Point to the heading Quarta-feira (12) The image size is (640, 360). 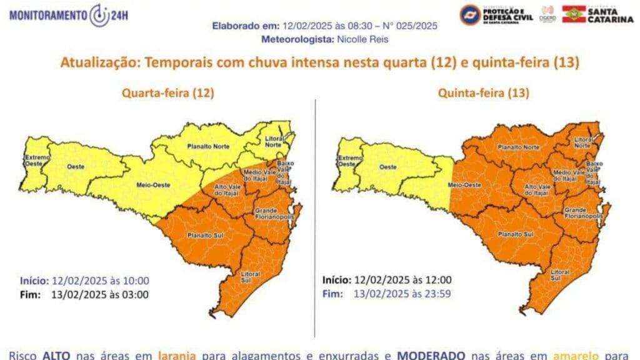(167, 93)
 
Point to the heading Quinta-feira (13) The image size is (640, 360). (483, 93)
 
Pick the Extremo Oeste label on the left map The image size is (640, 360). (34, 161)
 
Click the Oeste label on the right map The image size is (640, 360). (388, 167)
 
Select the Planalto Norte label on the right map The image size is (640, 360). (518, 147)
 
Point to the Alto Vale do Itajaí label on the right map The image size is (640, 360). (537, 191)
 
